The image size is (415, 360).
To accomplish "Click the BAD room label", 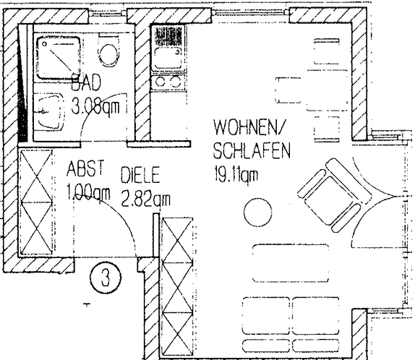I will tap(86, 86).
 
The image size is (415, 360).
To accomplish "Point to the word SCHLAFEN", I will tap(251, 152).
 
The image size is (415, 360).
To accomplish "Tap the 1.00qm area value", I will tap(88, 192).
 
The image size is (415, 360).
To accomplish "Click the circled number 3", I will tap(105, 278).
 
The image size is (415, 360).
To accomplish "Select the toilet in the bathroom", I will tap(110, 51).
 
